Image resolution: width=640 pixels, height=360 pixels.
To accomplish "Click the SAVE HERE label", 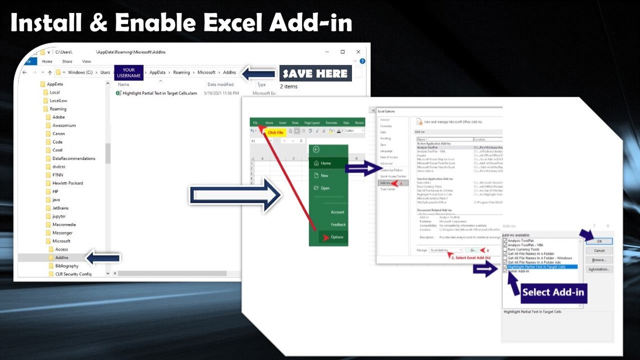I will point(315,73).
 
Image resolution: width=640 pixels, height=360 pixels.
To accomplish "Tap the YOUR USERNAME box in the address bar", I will point(129,72).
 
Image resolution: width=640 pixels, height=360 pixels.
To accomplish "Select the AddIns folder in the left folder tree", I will point(62,258).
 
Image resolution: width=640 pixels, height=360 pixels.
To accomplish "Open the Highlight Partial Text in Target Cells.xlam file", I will point(159,93).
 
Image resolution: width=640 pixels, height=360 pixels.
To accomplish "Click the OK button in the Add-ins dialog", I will point(599,241).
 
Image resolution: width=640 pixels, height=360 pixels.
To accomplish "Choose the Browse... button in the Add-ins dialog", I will point(599,260).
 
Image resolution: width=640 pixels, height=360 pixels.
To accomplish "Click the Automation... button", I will point(599,270).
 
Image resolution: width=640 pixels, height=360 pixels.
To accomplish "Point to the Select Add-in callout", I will point(553,292).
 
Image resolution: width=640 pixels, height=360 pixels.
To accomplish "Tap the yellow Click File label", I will point(276,133).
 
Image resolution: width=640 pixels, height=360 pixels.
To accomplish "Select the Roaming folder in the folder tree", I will point(58,109).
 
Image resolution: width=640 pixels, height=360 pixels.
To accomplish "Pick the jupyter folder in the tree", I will point(59,216).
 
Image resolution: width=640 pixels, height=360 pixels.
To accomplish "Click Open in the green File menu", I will point(325,188).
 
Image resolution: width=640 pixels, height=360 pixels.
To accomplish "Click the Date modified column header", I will point(221,85).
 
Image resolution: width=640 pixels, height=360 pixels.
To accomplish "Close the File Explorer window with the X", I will point(359,52).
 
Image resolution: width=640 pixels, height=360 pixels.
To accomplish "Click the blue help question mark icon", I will point(362,61).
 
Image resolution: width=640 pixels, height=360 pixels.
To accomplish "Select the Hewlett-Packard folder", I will point(67,183).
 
